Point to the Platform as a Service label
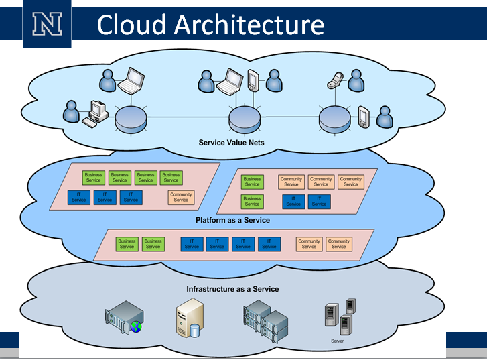click(x=232, y=220)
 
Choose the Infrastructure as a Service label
click(x=232, y=289)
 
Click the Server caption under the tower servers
click(x=338, y=341)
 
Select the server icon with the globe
click(x=125, y=317)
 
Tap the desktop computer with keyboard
click(x=94, y=114)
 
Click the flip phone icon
click(x=334, y=80)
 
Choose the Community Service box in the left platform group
click(x=181, y=197)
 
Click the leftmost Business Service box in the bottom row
click(x=127, y=244)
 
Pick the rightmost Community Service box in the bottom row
click(x=339, y=244)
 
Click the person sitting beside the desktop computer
click(x=72, y=112)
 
